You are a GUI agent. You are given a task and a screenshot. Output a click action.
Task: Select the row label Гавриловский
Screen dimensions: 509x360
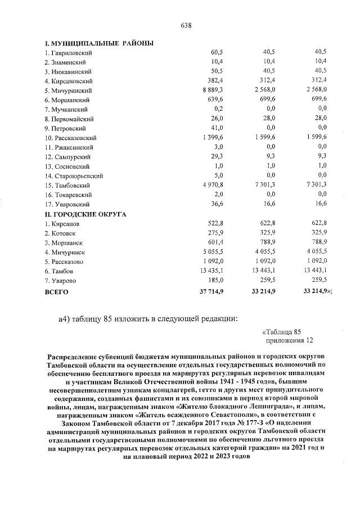69,52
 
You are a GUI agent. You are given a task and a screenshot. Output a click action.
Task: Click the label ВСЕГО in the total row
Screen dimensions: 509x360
56,291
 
